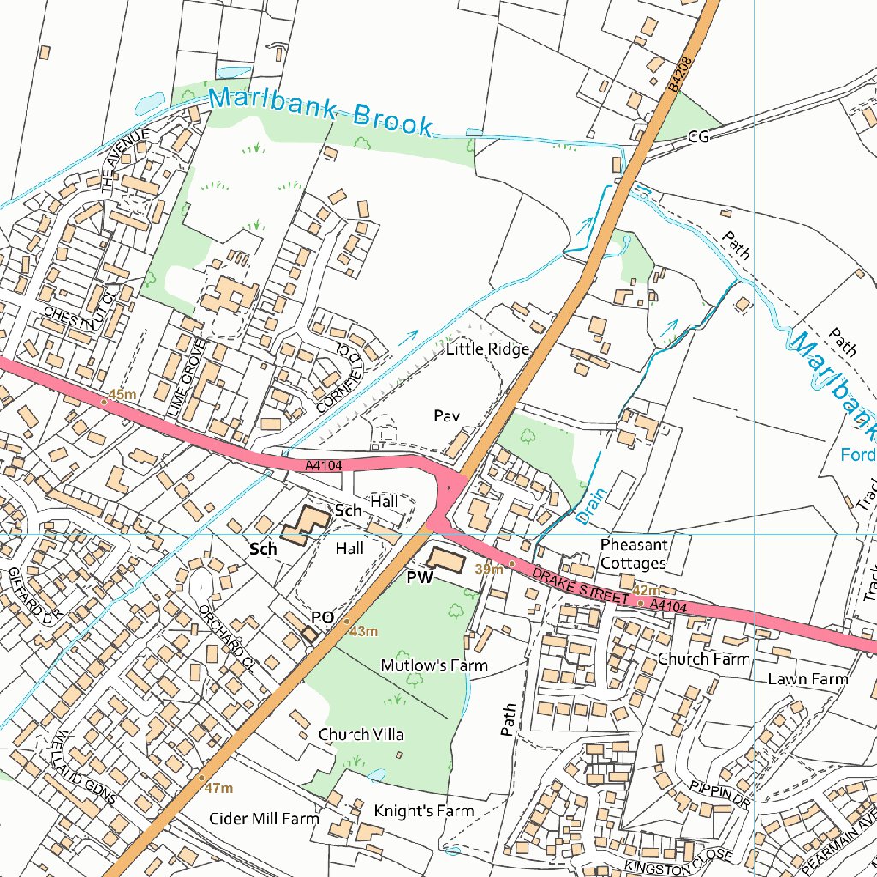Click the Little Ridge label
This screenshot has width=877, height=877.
[x=487, y=349]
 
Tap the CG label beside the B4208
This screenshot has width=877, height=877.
[x=699, y=136]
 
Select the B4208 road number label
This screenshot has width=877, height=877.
[x=679, y=75]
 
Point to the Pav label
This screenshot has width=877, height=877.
[x=447, y=415]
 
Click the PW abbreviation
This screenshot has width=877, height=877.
[x=420, y=579]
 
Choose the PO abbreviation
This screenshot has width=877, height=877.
[x=322, y=617]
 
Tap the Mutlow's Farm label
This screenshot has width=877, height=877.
[x=434, y=665]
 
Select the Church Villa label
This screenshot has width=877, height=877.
[x=361, y=735]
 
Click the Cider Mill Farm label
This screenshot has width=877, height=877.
[x=264, y=818]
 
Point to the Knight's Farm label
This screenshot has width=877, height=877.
[x=424, y=810]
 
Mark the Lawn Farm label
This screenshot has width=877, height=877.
[x=808, y=679]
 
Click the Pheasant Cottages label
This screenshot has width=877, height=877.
[x=633, y=554]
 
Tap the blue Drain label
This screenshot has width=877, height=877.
[x=592, y=506]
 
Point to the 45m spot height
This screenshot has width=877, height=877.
[x=122, y=394]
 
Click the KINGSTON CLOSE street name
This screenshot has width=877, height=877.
[x=679, y=862]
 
